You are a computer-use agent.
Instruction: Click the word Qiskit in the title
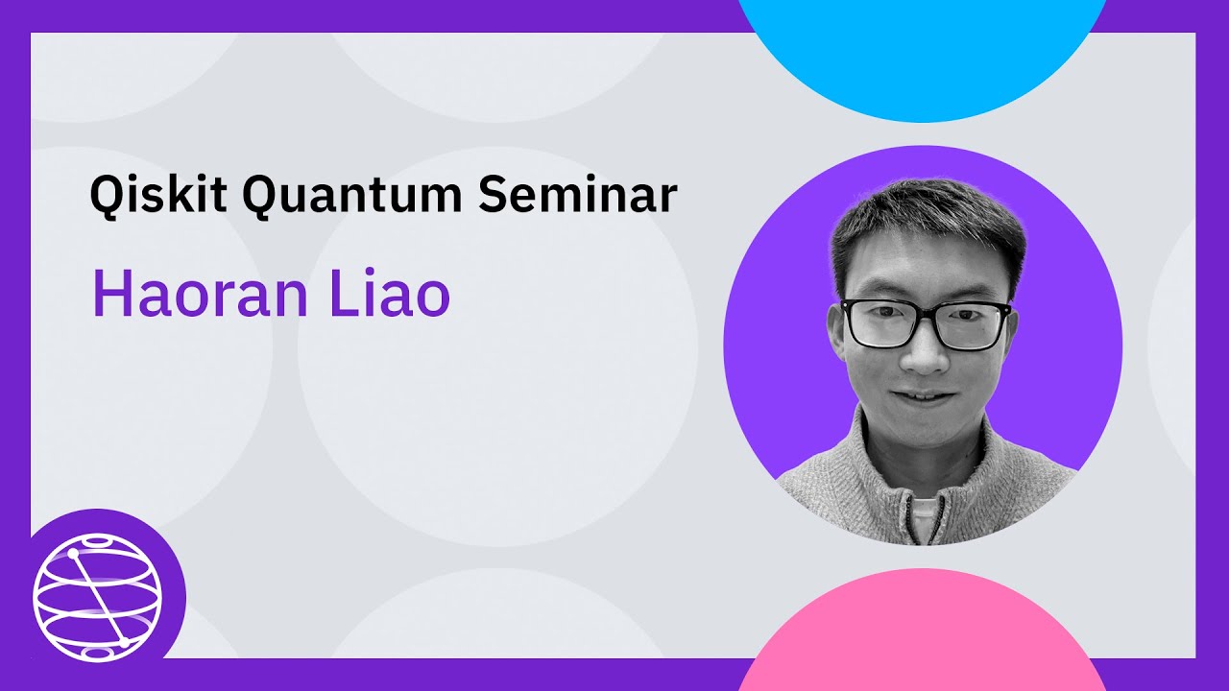[x=157, y=196]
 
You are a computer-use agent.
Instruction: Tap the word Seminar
[x=578, y=196]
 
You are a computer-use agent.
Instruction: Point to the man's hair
[x=927, y=216]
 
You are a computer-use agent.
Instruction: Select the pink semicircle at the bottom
[x=922, y=633]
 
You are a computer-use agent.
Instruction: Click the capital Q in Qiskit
[x=108, y=196]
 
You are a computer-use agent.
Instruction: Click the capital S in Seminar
[x=494, y=196]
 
